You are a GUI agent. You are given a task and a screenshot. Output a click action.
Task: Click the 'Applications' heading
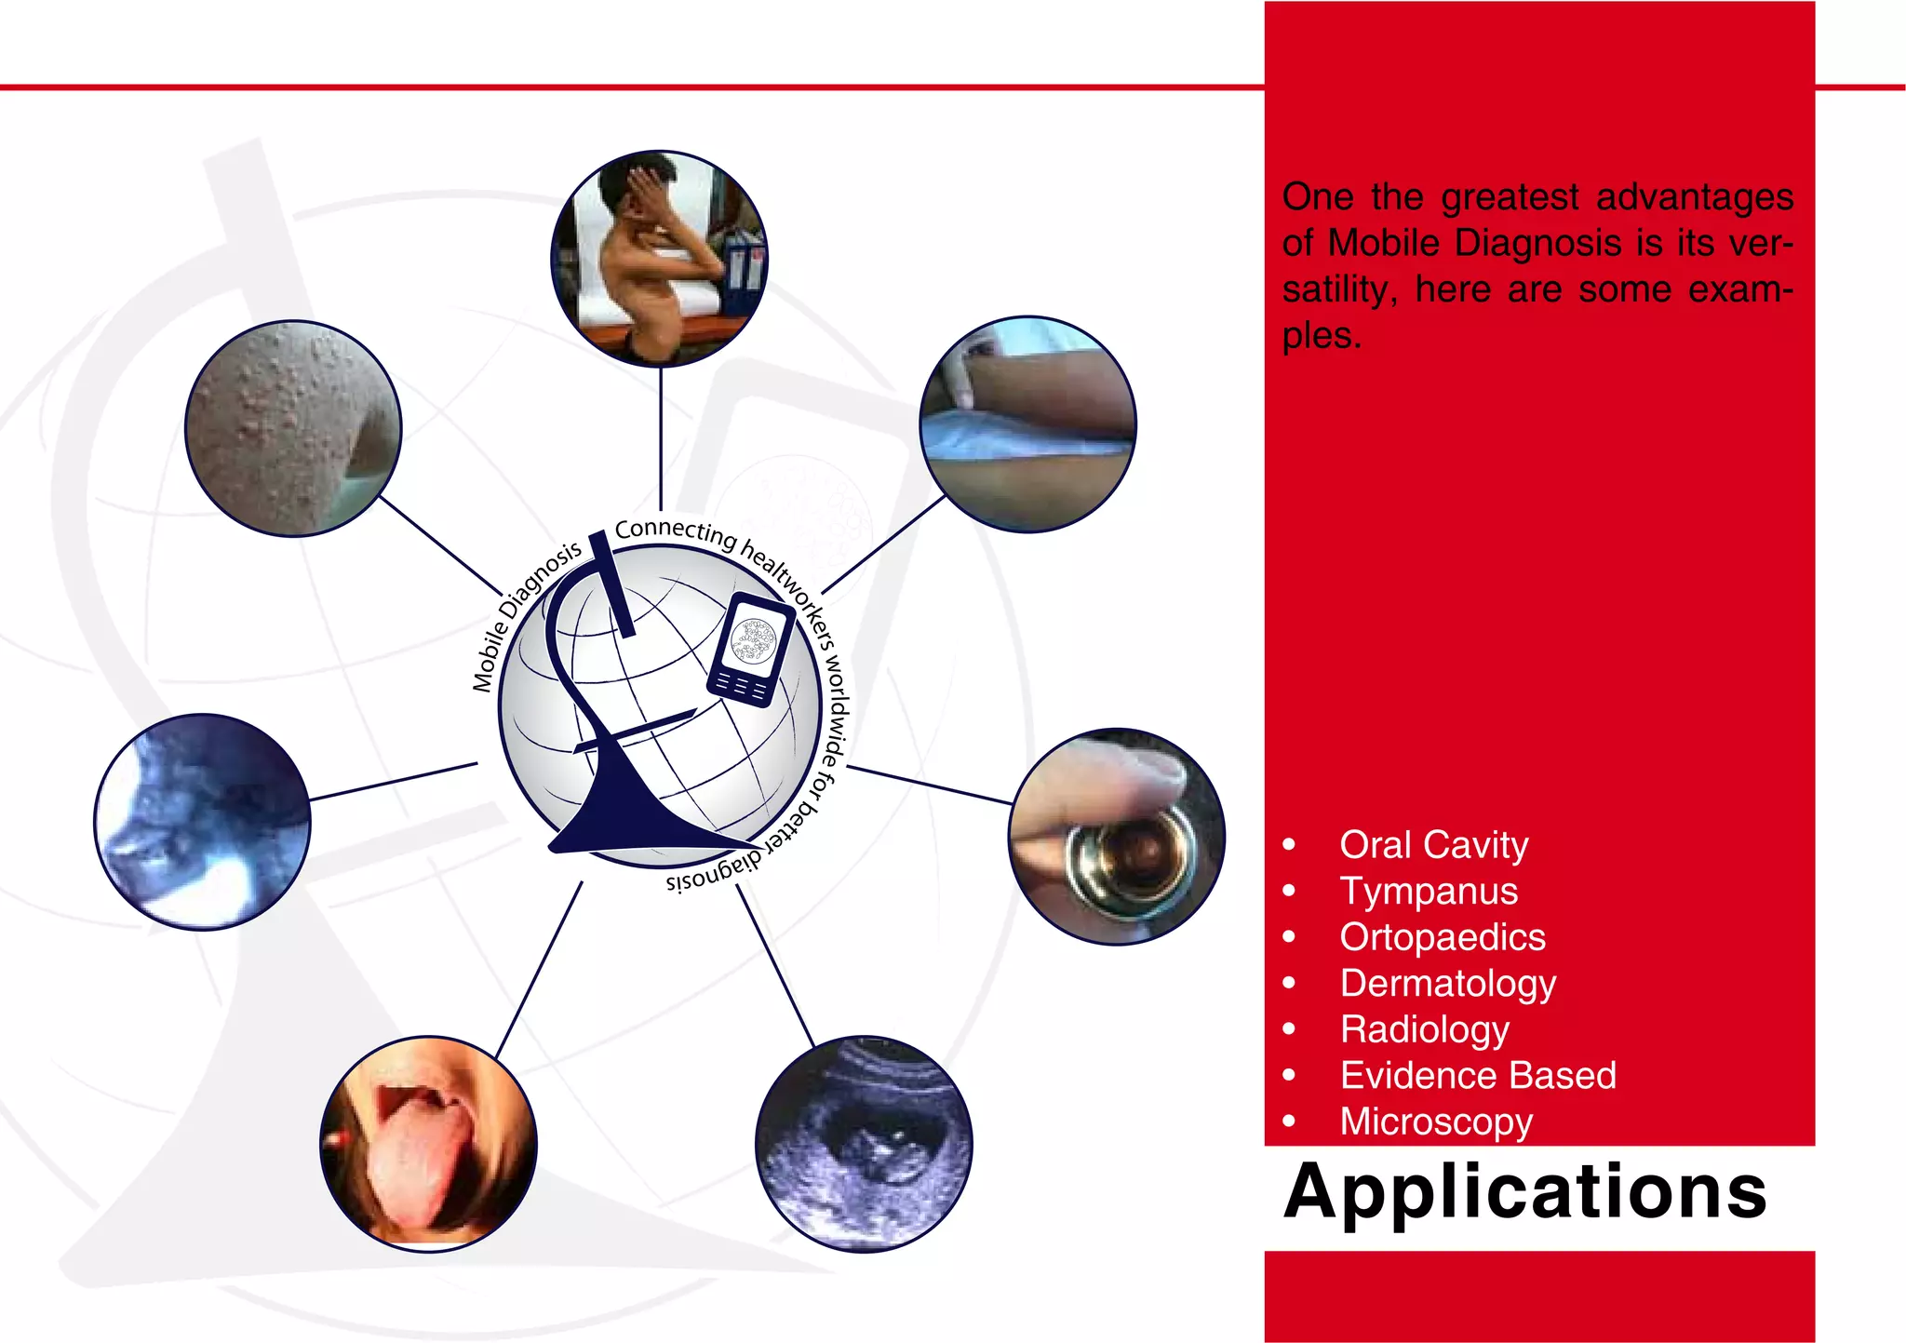click(x=1524, y=1192)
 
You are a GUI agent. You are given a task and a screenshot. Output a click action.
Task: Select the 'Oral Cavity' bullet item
click(x=1433, y=845)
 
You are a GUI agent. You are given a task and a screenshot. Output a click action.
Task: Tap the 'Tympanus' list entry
click(x=1429, y=892)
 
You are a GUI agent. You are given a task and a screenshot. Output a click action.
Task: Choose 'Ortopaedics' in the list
click(x=1443, y=937)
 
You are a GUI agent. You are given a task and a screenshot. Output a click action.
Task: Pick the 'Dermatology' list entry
click(x=1447, y=984)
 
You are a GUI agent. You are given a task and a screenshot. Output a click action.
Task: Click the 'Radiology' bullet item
click(x=1425, y=1029)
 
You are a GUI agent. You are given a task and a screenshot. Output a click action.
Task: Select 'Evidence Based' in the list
click(x=1478, y=1076)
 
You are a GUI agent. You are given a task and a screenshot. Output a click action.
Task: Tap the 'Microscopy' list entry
click(x=1436, y=1121)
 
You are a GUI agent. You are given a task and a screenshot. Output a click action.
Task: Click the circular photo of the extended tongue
click(x=428, y=1144)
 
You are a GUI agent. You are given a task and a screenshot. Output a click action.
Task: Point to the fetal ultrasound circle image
click(x=864, y=1144)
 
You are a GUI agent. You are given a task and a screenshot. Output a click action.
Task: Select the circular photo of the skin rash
click(x=293, y=428)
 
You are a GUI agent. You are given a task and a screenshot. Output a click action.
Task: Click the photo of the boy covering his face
click(x=659, y=258)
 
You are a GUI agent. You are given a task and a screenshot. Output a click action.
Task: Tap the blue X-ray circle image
click(x=202, y=822)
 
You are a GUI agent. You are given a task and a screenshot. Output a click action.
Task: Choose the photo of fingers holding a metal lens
click(x=1117, y=837)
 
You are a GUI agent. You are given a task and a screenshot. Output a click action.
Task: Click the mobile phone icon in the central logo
click(x=751, y=649)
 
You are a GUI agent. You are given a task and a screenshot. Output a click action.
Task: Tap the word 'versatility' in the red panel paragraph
click(x=1340, y=289)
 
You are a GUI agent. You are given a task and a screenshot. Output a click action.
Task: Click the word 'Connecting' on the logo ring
click(x=675, y=531)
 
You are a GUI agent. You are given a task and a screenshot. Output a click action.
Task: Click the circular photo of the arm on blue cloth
click(x=1027, y=424)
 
